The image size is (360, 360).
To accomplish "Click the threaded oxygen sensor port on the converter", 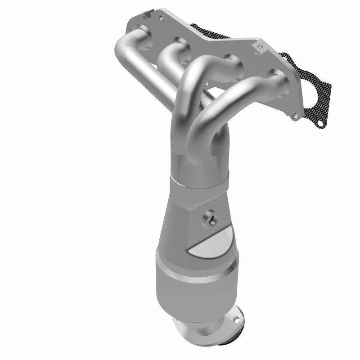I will pos(211,219).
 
